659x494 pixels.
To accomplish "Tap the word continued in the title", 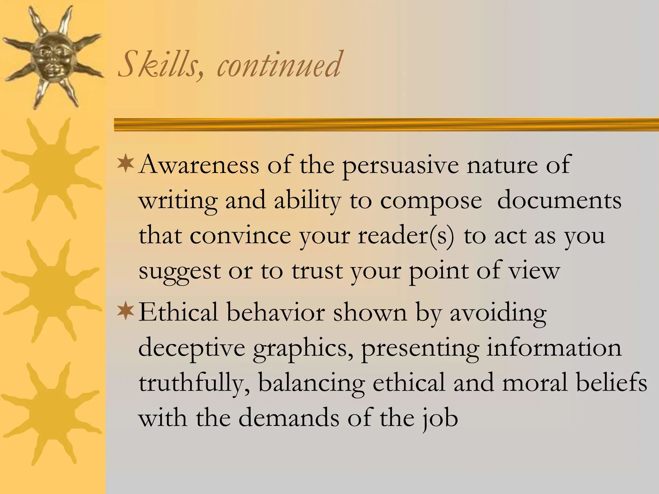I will click(279, 64).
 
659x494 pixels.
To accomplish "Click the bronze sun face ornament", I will click(51, 56).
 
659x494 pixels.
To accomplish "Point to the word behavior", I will click(275, 312).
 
